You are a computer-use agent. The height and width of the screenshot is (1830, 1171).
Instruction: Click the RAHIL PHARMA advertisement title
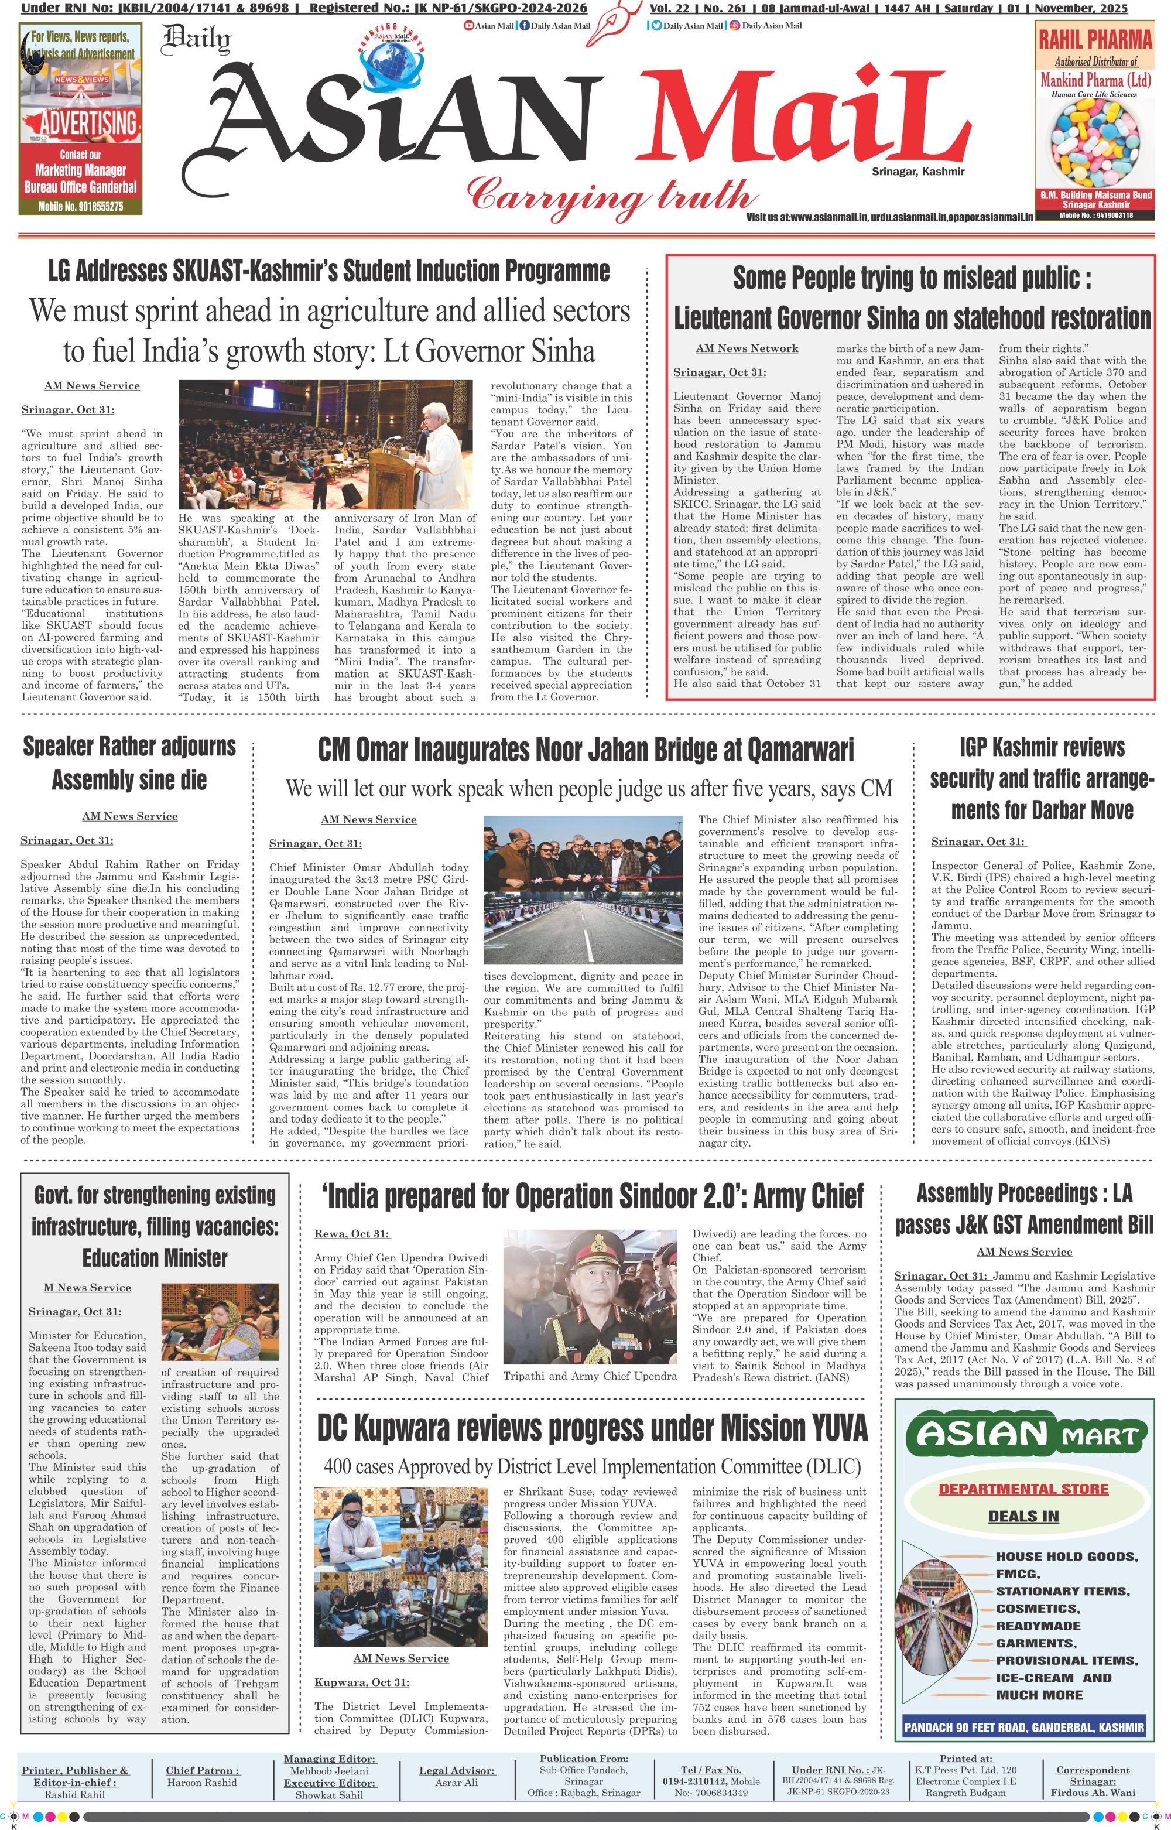click(1095, 39)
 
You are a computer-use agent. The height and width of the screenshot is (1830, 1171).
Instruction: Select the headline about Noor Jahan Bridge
click(585, 750)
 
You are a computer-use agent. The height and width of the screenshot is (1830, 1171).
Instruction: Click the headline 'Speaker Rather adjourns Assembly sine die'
click(129, 762)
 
